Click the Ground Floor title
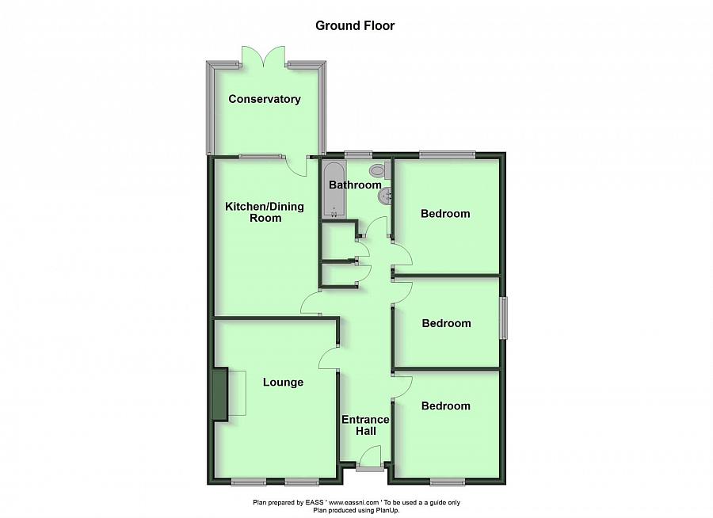(355, 25)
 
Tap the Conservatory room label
(265, 99)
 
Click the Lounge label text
(283, 382)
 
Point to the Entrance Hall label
(365, 425)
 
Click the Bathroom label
(355, 185)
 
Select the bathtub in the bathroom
(334, 190)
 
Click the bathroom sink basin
(386, 195)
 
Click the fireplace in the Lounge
(219, 394)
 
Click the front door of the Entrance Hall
(368, 459)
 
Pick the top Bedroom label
(445, 213)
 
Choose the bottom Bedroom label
(445, 406)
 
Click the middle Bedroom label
(446, 323)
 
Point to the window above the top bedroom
(447, 155)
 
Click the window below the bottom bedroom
(448, 481)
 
